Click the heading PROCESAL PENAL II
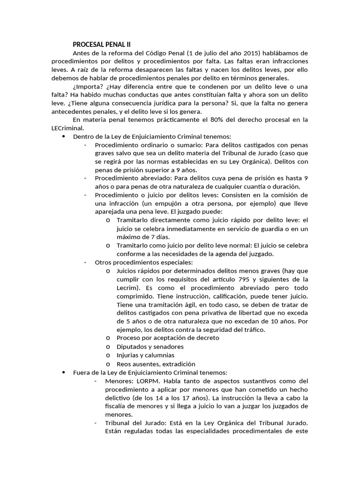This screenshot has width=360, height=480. (102, 45)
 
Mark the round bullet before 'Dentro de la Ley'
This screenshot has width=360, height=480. (63, 136)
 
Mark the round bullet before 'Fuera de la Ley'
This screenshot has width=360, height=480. (63, 372)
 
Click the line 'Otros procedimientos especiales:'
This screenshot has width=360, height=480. (144, 262)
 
